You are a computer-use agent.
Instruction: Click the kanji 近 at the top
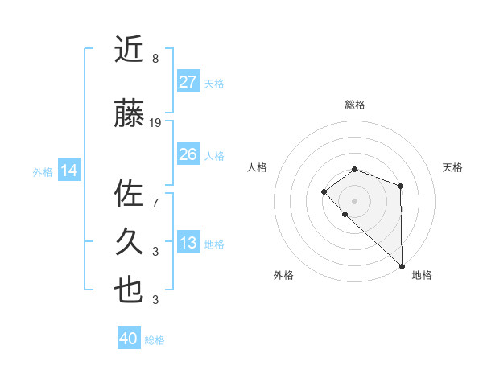coord(130,50)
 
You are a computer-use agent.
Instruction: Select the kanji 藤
coord(130,115)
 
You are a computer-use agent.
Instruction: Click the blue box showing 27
coord(188,81)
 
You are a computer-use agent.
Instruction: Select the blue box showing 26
coord(188,154)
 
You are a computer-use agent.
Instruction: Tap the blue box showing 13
coord(188,243)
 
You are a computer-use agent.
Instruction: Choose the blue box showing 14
coord(69,170)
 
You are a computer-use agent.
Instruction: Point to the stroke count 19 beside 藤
coord(155,123)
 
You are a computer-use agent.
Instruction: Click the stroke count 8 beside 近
coord(155,58)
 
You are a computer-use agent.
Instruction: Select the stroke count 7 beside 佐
coord(155,202)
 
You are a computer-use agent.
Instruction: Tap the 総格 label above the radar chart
coord(355,105)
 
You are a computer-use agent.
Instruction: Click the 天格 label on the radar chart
coord(452,167)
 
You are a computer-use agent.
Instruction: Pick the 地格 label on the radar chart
coord(422,276)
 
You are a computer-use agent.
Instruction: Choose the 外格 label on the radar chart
coord(283,276)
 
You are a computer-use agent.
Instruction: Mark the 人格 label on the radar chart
coord(258,167)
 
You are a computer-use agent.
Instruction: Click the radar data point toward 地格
coord(402,265)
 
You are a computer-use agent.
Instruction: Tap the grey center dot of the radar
coord(355,200)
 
